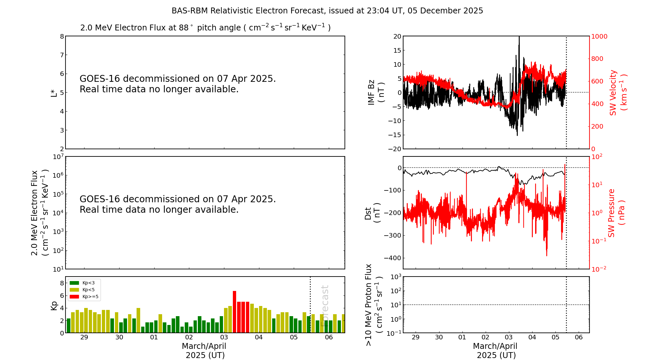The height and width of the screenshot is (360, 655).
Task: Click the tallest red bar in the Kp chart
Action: [x=234, y=311]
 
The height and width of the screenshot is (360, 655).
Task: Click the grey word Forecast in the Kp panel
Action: [x=325, y=306]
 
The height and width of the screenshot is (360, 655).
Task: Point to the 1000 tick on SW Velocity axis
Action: [x=599, y=36]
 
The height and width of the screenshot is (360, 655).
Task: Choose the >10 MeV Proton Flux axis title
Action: [x=373, y=305]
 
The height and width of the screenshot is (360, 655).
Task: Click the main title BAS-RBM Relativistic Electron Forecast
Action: [x=327, y=11]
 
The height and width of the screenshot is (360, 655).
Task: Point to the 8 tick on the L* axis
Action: [x=62, y=36]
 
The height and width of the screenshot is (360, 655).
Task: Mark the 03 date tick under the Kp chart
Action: [x=224, y=337]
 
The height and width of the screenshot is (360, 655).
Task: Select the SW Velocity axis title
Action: [x=618, y=92]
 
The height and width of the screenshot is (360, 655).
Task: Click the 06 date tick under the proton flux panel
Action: [x=579, y=337]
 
